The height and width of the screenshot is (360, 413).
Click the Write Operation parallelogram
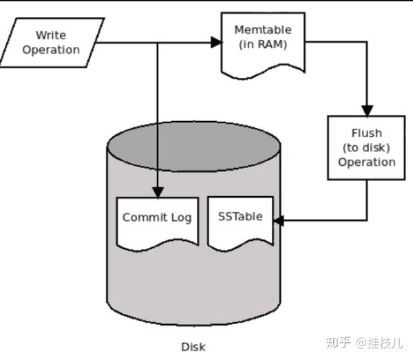pos(56,42)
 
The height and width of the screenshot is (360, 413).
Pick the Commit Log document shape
pos(157,220)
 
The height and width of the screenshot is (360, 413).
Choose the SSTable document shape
pos(240,220)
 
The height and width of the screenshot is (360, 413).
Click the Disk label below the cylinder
pos(193,347)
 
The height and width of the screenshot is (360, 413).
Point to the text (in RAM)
pos(262,45)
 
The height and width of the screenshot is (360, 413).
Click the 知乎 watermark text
pos(339,342)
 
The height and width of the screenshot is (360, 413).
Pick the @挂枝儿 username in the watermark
pos(380,342)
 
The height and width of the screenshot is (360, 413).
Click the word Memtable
pos(262,30)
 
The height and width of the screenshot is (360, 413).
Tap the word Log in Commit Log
pos(181,218)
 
